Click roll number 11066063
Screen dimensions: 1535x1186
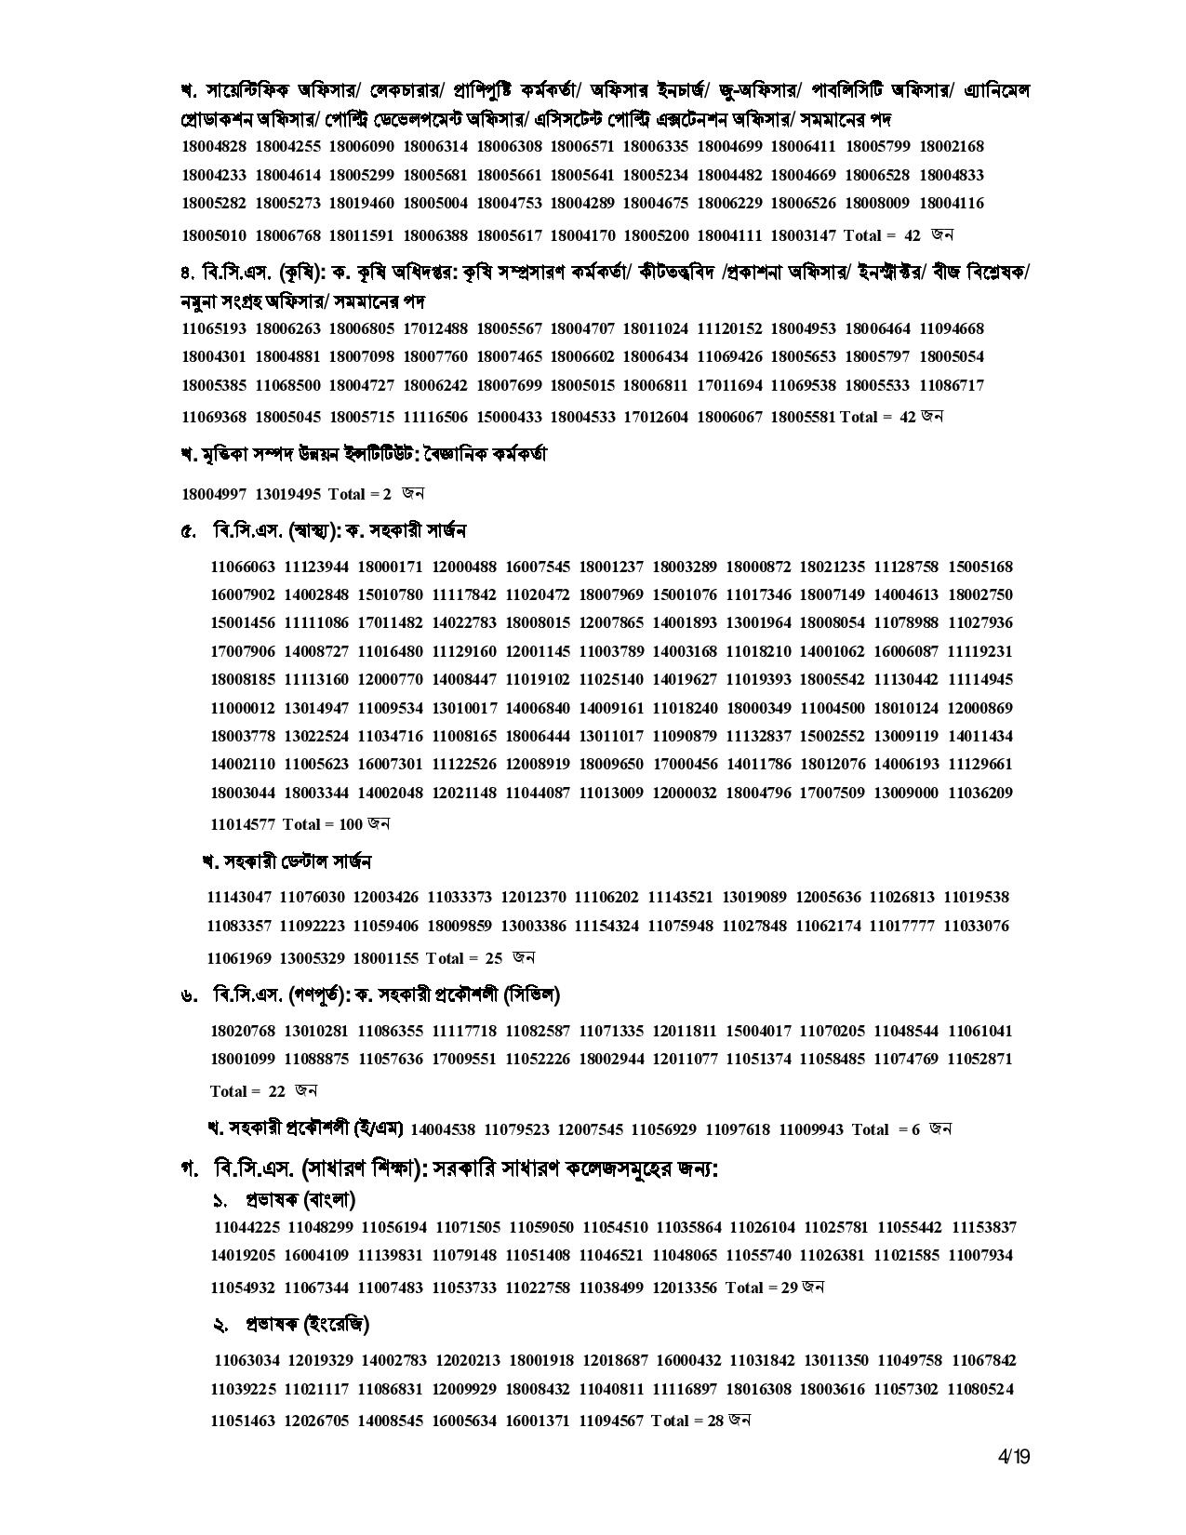click(x=243, y=567)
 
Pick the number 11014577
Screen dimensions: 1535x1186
click(x=243, y=824)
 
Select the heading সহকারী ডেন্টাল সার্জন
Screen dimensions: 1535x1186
click(x=287, y=862)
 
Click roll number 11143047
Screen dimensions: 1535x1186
click(x=239, y=898)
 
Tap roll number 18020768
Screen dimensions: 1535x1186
click(x=243, y=1031)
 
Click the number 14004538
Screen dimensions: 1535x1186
click(x=443, y=1129)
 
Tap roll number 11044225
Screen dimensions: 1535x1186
click(x=247, y=1227)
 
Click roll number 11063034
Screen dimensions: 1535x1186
click(x=247, y=1361)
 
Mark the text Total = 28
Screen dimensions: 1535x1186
click(x=687, y=1421)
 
